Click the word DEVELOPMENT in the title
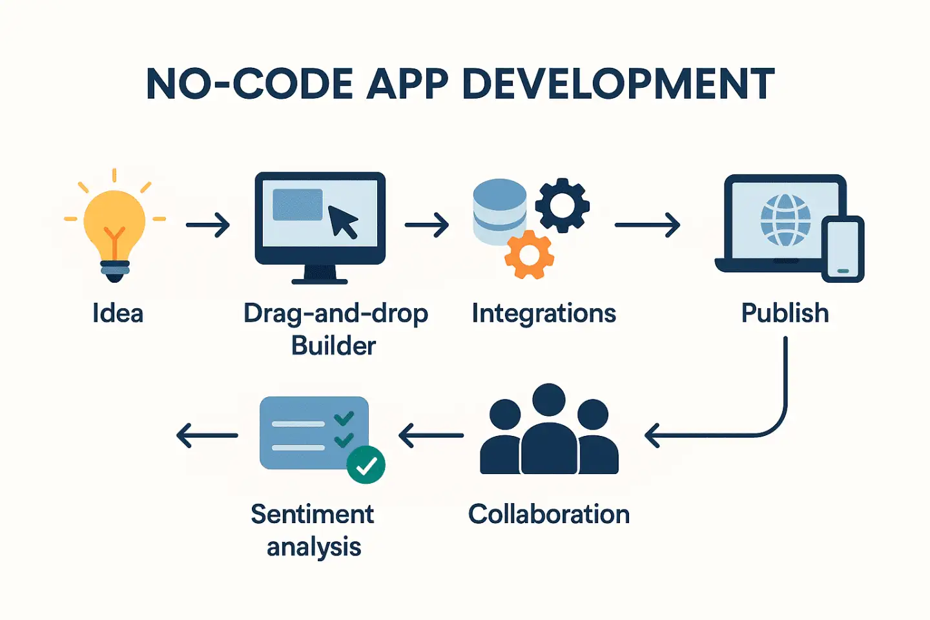coord(619,84)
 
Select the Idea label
coord(118,314)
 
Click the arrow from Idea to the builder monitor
coord(208,225)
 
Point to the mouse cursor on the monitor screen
coord(343,222)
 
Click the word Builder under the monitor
coord(333,346)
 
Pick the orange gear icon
coord(529,254)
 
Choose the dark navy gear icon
coord(562,205)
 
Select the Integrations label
coord(544,314)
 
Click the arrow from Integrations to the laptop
coord(647,225)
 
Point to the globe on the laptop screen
coord(785,220)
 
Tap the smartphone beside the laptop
coord(843,249)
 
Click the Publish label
coord(785,314)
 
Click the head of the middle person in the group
coord(549,400)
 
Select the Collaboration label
coord(549,515)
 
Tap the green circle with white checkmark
coord(366,465)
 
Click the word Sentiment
coord(312,515)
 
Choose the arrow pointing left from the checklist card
coord(207,435)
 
